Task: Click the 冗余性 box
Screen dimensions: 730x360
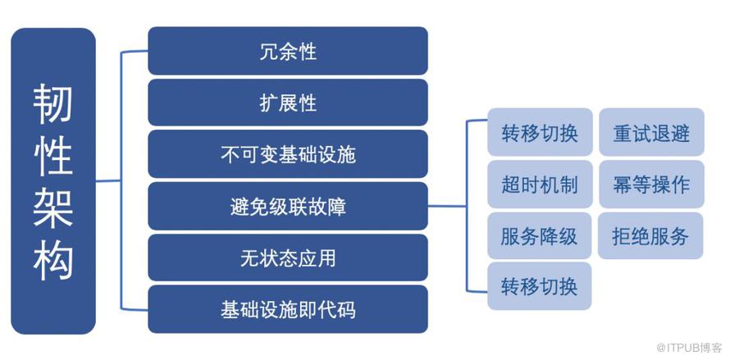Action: click(288, 51)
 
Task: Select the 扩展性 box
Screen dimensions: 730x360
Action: click(288, 103)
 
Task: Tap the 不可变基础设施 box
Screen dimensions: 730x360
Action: click(288, 154)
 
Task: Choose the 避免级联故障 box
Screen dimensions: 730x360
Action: click(288, 207)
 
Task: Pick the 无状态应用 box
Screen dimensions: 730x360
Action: click(288, 257)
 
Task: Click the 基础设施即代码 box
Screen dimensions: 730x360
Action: click(288, 309)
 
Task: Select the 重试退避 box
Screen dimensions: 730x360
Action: click(651, 132)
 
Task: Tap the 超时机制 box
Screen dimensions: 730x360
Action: click(540, 185)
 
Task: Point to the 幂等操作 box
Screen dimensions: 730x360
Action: click(651, 185)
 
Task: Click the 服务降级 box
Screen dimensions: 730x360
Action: click(540, 235)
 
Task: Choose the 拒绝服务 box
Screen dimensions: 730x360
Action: click(650, 235)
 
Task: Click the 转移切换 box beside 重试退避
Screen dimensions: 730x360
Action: click(540, 132)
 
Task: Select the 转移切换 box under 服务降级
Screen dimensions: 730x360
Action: click(540, 286)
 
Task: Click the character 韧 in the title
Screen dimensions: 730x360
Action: click(53, 104)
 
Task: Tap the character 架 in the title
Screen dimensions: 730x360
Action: click(53, 208)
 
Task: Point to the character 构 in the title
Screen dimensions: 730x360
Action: click(53, 261)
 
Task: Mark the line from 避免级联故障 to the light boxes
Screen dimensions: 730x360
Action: click(447, 206)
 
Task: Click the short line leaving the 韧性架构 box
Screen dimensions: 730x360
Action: click(108, 180)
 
